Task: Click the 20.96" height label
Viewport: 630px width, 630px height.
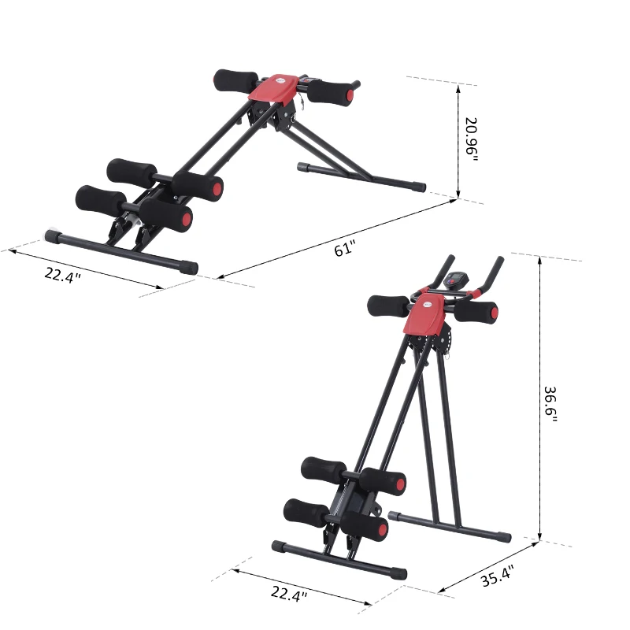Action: (471, 139)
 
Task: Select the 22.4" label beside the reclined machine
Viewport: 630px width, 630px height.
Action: (63, 276)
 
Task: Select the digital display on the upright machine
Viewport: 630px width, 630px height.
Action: (455, 280)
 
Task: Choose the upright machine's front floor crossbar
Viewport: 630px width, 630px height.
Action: (339, 558)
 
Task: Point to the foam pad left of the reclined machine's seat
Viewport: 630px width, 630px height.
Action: (235, 80)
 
